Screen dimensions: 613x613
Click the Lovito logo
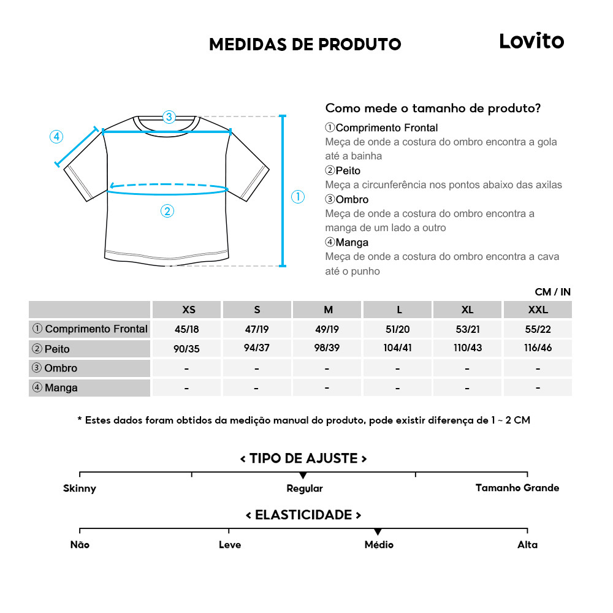(x=531, y=41)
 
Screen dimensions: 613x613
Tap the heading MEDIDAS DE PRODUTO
(x=305, y=44)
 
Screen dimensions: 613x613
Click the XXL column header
(x=538, y=310)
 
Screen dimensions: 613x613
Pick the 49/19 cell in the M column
(x=327, y=329)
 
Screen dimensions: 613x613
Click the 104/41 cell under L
(x=398, y=348)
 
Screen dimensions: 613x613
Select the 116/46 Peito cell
(x=538, y=348)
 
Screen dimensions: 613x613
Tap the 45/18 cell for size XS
(x=187, y=329)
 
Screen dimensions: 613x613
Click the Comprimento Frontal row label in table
(x=90, y=329)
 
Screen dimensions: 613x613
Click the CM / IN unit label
(x=552, y=292)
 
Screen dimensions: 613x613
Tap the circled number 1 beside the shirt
(x=297, y=197)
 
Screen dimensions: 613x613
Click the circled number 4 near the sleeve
(x=56, y=137)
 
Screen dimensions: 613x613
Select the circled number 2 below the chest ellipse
(x=167, y=211)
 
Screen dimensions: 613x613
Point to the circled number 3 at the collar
(x=169, y=116)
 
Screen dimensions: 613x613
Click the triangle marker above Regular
(x=303, y=476)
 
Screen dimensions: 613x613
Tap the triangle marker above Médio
(x=378, y=531)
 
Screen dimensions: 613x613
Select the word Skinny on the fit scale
(x=80, y=489)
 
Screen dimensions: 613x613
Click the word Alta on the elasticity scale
(x=527, y=544)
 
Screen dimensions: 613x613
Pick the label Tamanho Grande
(x=517, y=488)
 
